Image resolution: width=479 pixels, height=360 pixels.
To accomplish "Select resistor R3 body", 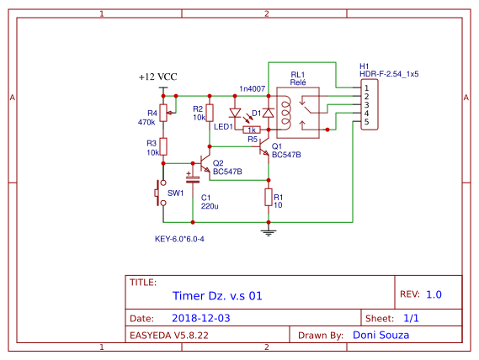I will (x=164, y=146).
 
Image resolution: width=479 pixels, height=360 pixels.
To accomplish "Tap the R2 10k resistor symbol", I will (x=210, y=114).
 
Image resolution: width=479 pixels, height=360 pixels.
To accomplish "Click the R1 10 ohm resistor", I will (x=268, y=199).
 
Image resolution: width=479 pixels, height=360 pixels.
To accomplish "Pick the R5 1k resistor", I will (x=250, y=130).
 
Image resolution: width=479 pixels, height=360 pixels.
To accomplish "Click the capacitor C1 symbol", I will (x=194, y=177).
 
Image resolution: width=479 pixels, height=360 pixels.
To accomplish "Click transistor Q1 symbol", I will (x=263, y=147).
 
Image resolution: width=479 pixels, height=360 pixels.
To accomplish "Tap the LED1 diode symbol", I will (x=235, y=113).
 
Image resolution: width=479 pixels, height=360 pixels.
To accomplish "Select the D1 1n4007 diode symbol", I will (x=268, y=113).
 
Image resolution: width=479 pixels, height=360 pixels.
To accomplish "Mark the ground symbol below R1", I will (x=268, y=228).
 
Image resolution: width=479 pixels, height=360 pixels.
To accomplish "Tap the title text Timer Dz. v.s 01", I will (x=217, y=296).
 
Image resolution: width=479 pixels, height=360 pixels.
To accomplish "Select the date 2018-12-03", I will (x=200, y=319).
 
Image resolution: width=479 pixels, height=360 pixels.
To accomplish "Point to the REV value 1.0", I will (x=434, y=295).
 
